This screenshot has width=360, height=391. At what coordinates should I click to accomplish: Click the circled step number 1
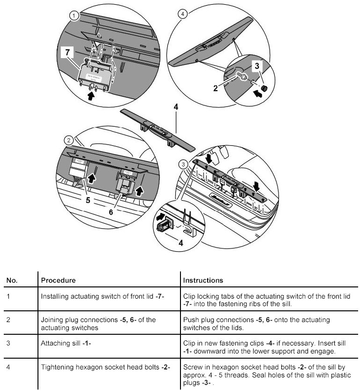point(74,15)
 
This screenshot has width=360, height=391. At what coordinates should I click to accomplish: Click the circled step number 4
point(183,14)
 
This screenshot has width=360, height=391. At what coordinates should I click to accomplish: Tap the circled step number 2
point(69,140)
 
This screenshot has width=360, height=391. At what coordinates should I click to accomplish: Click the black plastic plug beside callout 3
point(264,88)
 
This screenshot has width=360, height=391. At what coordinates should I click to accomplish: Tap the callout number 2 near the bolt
point(215,87)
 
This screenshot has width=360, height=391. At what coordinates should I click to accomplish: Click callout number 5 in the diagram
point(87,199)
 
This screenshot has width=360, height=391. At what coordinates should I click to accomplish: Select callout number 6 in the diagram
point(111,211)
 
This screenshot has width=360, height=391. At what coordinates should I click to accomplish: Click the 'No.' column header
point(12,280)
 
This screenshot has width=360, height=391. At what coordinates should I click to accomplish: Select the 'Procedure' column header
point(59,280)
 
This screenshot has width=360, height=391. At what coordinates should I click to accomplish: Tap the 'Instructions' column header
point(203,280)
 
